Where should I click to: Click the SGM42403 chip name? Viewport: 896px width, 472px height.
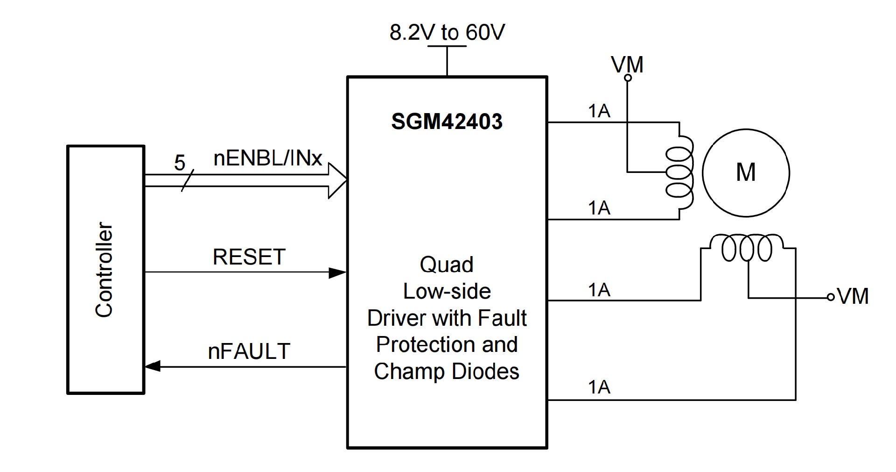(x=447, y=122)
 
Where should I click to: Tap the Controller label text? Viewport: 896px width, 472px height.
(x=105, y=270)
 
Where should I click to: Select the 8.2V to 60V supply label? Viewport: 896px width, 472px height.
(x=447, y=33)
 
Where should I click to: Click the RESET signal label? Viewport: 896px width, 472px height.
(x=249, y=257)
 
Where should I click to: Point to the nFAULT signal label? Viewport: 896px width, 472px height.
(x=249, y=351)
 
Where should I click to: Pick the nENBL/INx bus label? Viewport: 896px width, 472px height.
(x=267, y=158)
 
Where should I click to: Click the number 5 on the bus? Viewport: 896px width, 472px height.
(x=180, y=163)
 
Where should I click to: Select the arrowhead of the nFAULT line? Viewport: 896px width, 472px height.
(x=153, y=367)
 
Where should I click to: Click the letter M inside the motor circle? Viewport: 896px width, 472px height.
(x=745, y=172)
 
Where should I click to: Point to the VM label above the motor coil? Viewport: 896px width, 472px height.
(x=628, y=64)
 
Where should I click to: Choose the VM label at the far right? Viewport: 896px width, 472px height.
(x=853, y=296)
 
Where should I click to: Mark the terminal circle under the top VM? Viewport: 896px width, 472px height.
(x=628, y=78)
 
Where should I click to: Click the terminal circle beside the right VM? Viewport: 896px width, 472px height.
(x=830, y=297)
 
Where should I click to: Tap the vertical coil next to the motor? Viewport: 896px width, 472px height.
(x=680, y=172)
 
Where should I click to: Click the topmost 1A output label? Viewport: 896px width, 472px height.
(x=599, y=111)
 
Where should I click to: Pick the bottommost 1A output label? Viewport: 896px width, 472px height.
(x=599, y=387)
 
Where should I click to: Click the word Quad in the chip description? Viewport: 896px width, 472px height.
(x=447, y=265)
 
